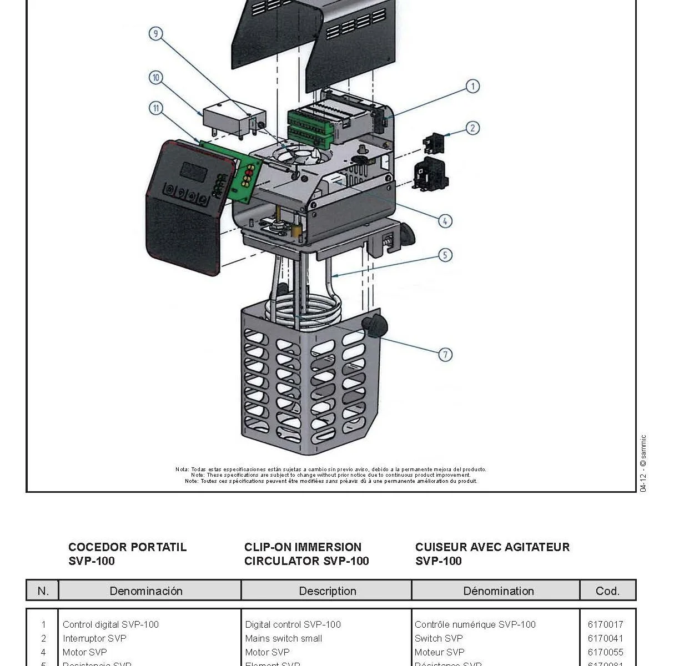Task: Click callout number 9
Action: (x=156, y=34)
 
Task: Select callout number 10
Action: (x=156, y=78)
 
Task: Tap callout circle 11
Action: (x=156, y=108)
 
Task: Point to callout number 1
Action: (x=472, y=86)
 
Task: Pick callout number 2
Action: (x=472, y=128)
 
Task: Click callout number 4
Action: (x=445, y=221)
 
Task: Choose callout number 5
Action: (x=445, y=255)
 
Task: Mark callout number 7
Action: (x=445, y=354)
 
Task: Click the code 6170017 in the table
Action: (x=605, y=624)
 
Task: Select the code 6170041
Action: (x=605, y=638)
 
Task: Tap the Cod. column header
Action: (x=607, y=591)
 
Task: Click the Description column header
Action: (x=328, y=591)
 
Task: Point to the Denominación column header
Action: (x=146, y=591)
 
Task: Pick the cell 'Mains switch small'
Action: (x=284, y=638)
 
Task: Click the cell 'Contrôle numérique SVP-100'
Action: (x=475, y=624)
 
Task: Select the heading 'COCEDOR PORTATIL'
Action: (x=127, y=547)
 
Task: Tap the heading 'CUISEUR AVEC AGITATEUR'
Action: (x=492, y=547)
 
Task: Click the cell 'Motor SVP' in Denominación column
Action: (x=84, y=652)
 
